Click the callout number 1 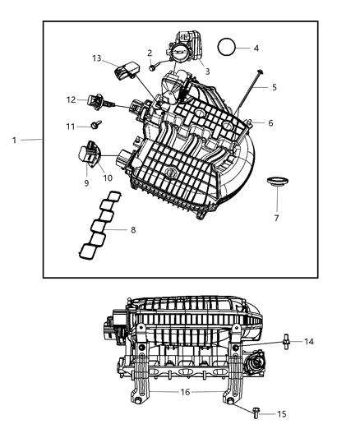tap(14, 141)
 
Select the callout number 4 tap(256, 48)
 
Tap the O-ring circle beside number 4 tap(229, 46)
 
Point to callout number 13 tap(97, 58)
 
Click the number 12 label tap(71, 99)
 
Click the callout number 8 tap(132, 229)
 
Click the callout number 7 tap(276, 219)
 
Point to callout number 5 tap(274, 85)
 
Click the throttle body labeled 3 tap(182, 51)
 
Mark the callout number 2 tap(150, 53)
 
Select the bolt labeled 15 tap(256, 414)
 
